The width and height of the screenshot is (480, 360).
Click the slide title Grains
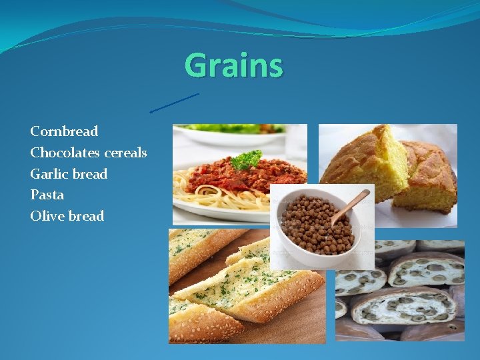[x=233, y=66]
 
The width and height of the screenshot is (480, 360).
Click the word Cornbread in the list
[x=64, y=131]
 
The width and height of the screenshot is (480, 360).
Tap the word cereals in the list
[x=125, y=153]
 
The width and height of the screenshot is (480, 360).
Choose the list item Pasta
[x=47, y=195]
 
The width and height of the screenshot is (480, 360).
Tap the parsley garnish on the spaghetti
[x=247, y=159]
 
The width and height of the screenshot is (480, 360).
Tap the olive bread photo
[x=407, y=293]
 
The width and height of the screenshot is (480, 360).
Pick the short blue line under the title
[x=175, y=103]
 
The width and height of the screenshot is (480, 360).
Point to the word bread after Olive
[x=86, y=216]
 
